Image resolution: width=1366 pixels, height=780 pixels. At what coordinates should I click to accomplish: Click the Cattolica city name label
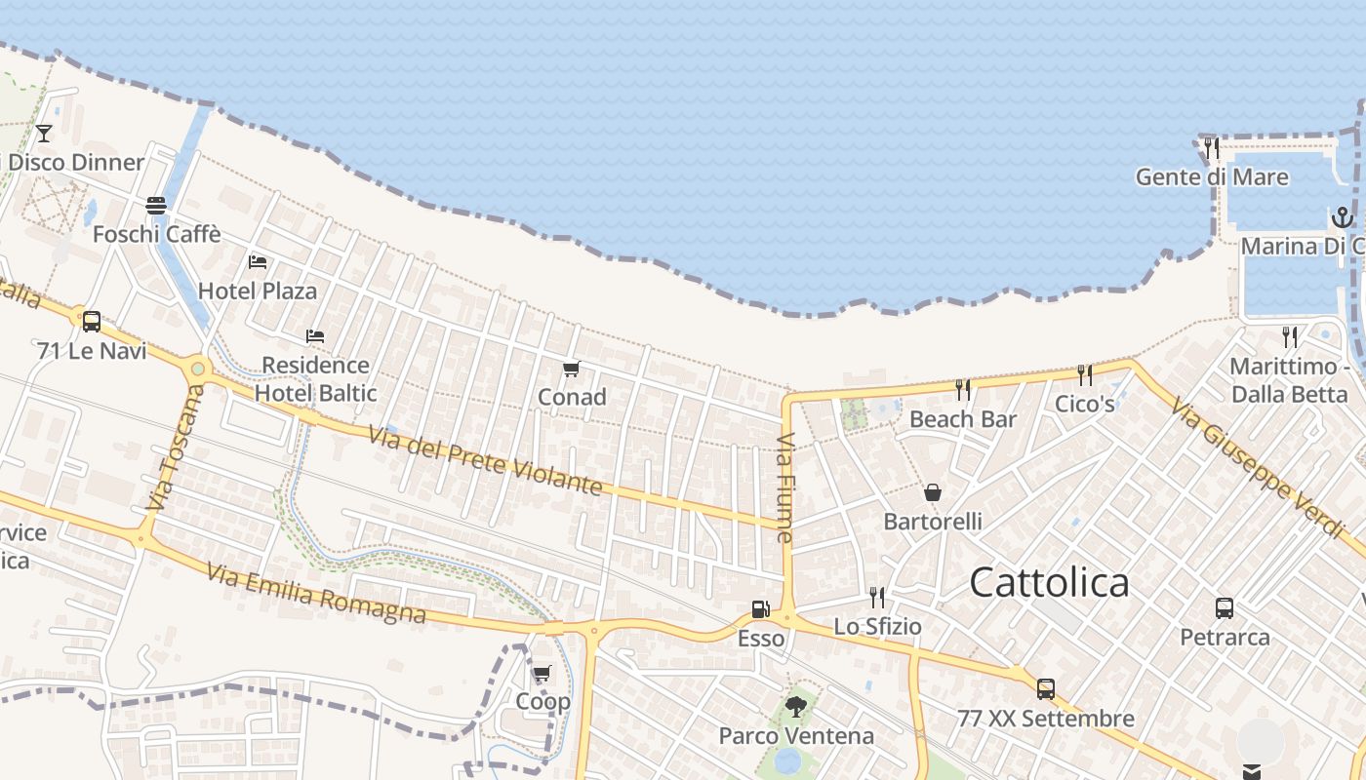pyautogui.click(x=1049, y=583)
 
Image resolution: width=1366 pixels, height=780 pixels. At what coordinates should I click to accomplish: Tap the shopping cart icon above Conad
pyautogui.click(x=572, y=369)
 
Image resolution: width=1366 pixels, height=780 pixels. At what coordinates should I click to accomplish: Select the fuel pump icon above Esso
pyautogui.click(x=760, y=609)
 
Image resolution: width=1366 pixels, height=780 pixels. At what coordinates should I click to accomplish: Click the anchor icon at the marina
pyautogui.click(x=1343, y=216)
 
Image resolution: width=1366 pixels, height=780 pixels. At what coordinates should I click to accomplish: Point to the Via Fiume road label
pyautogui.click(x=785, y=487)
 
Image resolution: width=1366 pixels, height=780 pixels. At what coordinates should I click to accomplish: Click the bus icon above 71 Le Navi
pyautogui.click(x=92, y=321)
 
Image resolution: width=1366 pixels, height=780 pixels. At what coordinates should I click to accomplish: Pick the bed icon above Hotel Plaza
pyautogui.click(x=258, y=261)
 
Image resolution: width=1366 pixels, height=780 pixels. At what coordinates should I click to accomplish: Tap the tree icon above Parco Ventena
pyautogui.click(x=796, y=706)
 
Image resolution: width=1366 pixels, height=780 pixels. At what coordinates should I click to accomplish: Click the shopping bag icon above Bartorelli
pyautogui.click(x=933, y=492)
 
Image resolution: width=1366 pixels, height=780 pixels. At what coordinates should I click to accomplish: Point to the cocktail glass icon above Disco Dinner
pyautogui.click(x=44, y=133)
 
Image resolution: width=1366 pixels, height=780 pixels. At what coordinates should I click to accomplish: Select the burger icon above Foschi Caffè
pyautogui.click(x=156, y=205)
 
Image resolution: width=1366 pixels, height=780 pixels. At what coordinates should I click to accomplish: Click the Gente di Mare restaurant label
pyautogui.click(x=1212, y=177)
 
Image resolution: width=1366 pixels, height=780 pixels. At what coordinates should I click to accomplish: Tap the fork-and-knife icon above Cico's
pyautogui.click(x=1084, y=374)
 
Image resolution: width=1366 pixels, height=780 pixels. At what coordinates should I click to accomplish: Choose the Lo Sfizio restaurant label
pyautogui.click(x=877, y=626)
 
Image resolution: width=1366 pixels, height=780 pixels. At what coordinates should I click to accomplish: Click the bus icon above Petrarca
pyautogui.click(x=1225, y=608)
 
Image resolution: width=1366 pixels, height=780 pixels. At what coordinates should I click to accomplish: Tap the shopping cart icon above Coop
pyautogui.click(x=542, y=673)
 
